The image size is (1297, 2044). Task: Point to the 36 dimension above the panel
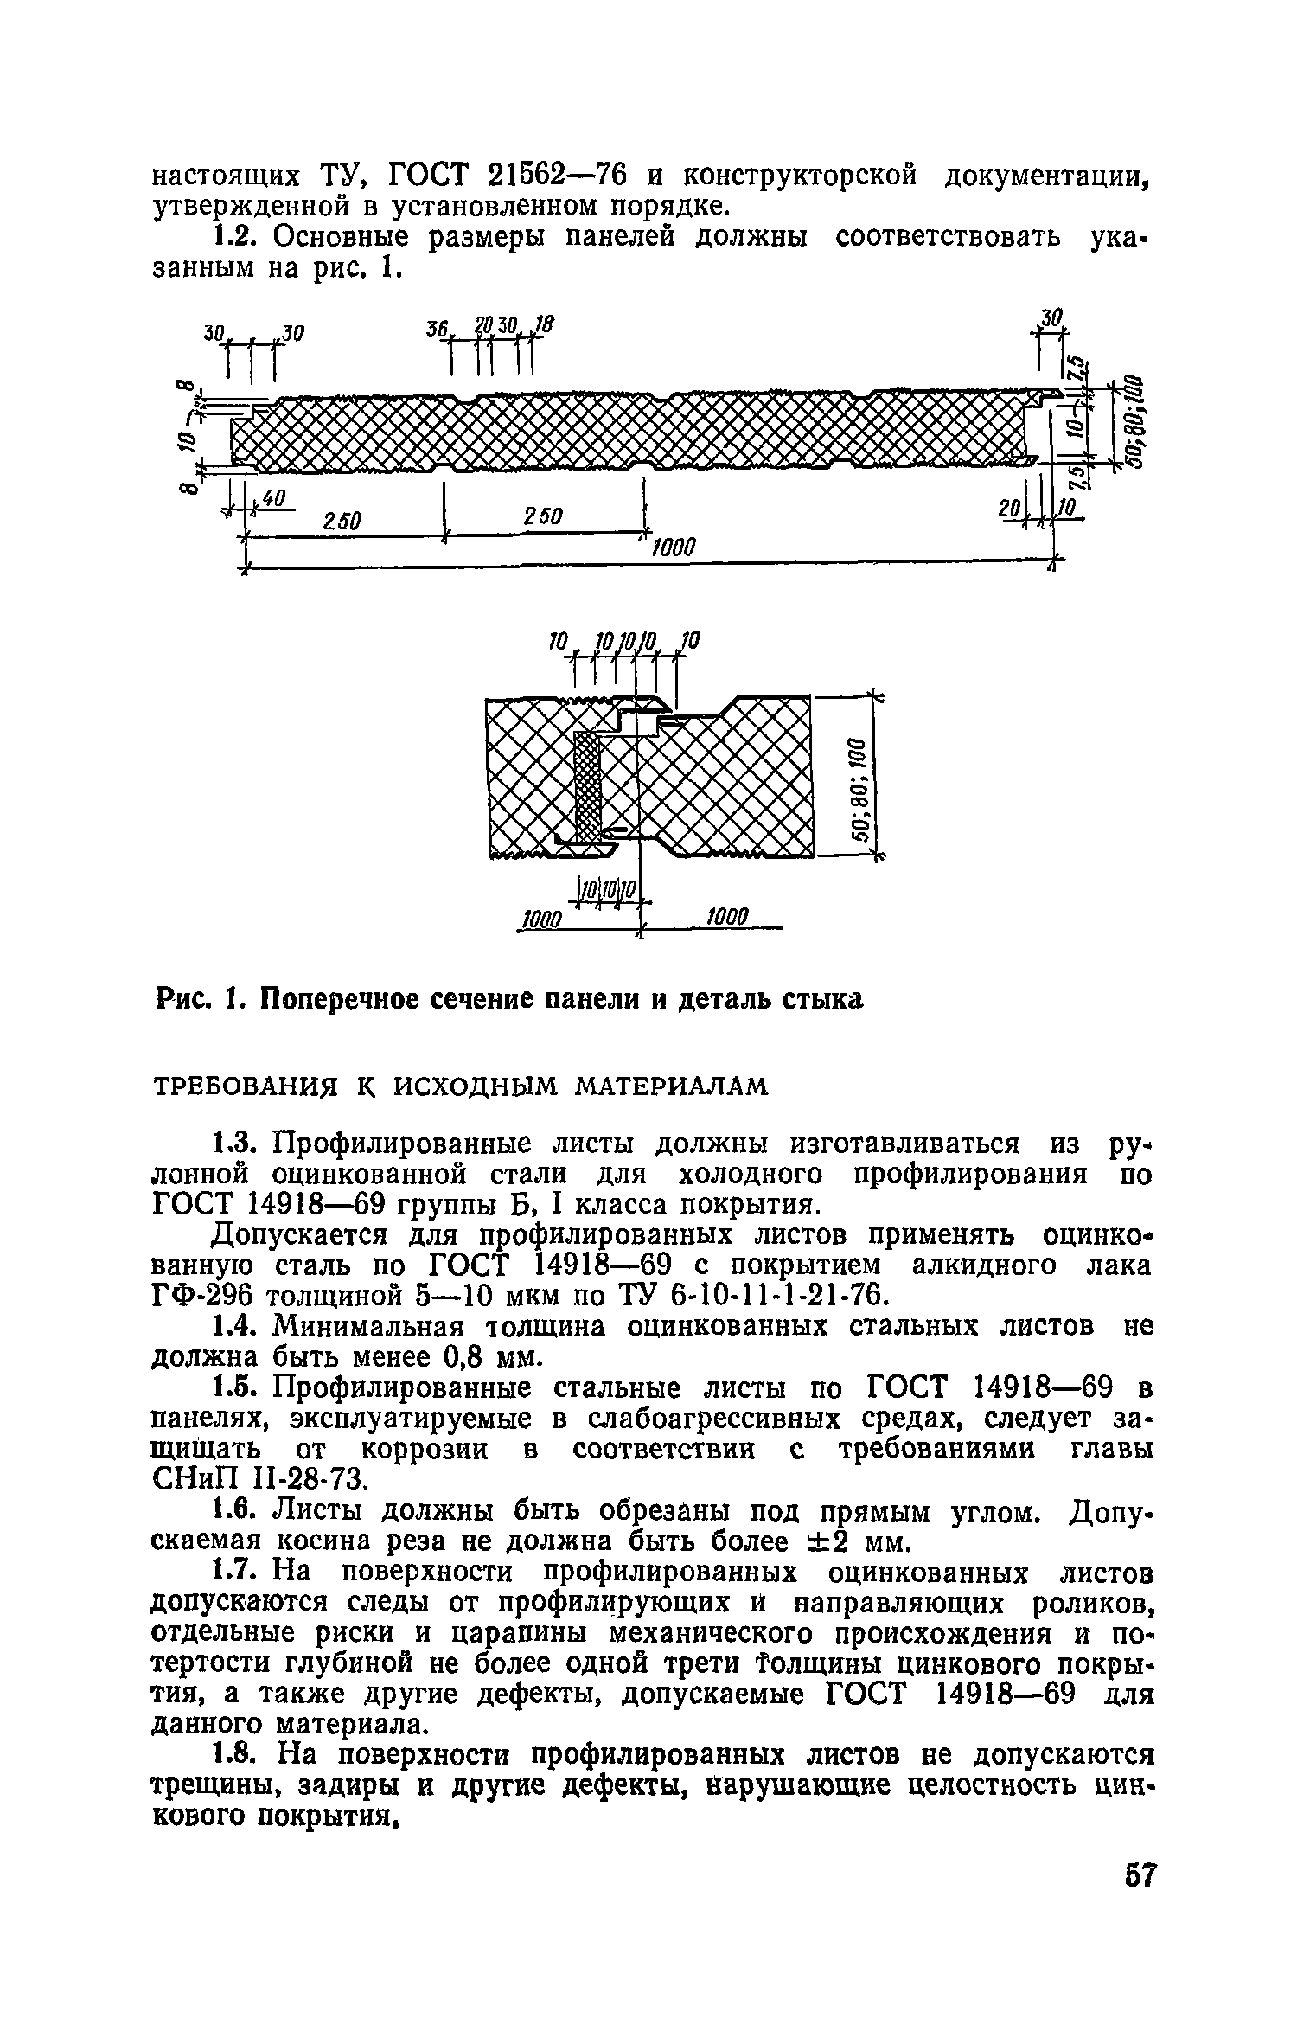pos(436,330)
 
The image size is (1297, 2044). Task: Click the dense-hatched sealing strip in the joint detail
pos(587,787)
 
